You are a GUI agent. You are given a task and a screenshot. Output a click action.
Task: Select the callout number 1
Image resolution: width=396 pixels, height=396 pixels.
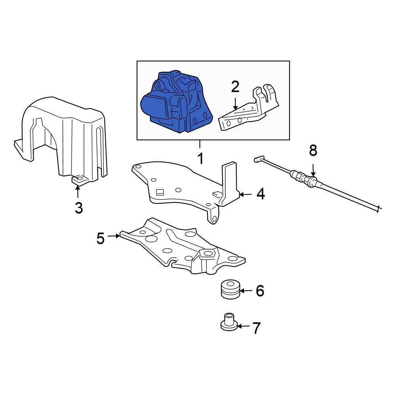200,158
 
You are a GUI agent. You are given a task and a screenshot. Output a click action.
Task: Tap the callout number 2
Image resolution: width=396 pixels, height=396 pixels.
235,86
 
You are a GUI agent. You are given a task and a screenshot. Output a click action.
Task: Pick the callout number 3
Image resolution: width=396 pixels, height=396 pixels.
79,208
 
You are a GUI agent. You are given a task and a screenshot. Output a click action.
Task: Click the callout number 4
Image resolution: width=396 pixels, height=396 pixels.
260,194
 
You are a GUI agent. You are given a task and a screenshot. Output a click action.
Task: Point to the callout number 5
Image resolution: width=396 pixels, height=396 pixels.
100,238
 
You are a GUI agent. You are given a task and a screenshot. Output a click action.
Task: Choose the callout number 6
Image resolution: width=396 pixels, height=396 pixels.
260,291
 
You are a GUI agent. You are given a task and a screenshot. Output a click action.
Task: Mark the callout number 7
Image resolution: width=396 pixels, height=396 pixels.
257,328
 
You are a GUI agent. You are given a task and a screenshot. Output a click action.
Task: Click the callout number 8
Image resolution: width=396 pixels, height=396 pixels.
313,150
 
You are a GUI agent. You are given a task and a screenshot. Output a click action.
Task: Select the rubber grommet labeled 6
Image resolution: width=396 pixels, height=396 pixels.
229,289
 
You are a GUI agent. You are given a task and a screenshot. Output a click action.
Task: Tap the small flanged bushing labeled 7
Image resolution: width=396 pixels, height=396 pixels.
229,322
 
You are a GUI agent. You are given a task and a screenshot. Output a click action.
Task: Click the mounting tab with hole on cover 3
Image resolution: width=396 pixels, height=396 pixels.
80,180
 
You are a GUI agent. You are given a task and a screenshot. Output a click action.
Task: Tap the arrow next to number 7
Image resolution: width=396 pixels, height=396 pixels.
244,326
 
